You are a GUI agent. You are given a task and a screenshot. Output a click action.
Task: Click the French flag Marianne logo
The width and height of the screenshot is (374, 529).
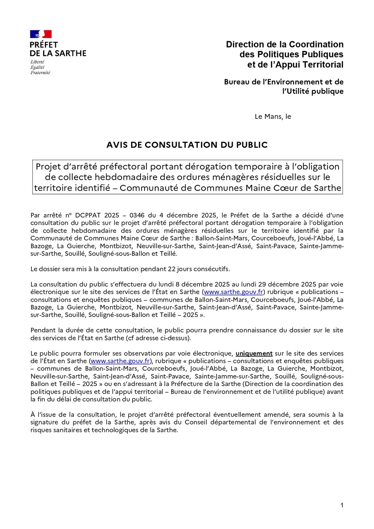pyautogui.click(x=41, y=34)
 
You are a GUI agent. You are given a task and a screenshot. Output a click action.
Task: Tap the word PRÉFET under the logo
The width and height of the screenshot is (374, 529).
pyautogui.click(x=44, y=45)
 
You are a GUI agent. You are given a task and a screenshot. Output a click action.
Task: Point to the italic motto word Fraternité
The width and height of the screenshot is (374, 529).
pyautogui.click(x=40, y=73)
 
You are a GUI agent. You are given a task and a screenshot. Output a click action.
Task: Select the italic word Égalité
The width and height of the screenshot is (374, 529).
pyautogui.click(x=37, y=67)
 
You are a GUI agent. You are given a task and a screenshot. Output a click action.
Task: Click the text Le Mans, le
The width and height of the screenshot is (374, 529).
pyautogui.click(x=273, y=117)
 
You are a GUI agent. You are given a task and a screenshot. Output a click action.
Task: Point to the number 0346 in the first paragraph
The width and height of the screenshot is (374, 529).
pyautogui.click(x=137, y=215)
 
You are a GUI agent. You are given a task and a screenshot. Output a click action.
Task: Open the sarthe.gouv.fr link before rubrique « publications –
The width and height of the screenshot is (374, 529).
pyautogui.click(x=233, y=292)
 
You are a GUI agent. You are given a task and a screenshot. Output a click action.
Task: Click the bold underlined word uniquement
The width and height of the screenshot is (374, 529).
pyautogui.click(x=254, y=354)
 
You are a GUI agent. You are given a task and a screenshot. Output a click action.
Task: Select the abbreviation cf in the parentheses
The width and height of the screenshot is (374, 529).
pyautogui.click(x=130, y=338)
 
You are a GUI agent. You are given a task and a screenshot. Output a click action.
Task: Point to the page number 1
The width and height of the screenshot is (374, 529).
pyautogui.click(x=342, y=506)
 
